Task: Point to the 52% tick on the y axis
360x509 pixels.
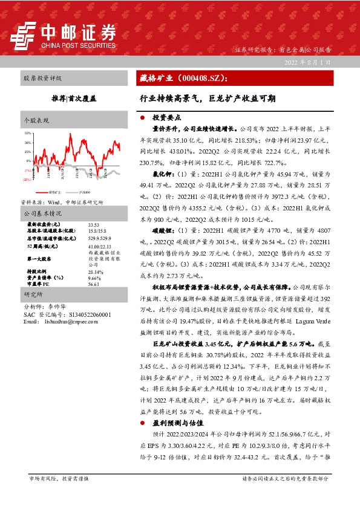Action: (28, 132)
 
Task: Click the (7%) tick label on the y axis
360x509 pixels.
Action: (28, 170)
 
